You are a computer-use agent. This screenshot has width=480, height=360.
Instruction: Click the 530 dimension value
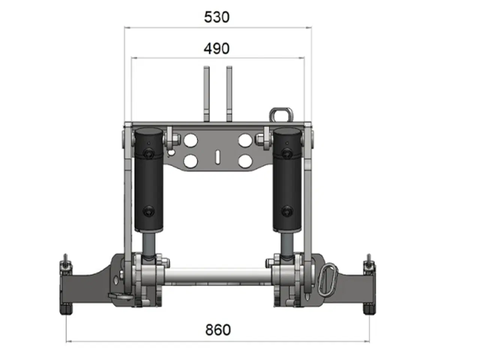pos(216,17)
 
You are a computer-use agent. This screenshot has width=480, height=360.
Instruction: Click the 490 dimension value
pos(216,49)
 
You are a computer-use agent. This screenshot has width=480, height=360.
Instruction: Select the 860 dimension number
pos(218,330)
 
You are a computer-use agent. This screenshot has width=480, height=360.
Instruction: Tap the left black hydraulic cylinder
pos(149,180)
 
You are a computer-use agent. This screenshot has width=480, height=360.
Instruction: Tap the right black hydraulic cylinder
pos(287,180)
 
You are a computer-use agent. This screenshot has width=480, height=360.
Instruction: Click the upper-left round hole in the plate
pos(190,141)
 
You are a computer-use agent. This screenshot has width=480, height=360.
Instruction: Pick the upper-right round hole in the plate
pos(245,141)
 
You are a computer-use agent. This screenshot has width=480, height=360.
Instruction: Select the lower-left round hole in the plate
pos(190,161)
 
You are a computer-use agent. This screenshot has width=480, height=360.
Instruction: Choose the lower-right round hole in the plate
pos(245,161)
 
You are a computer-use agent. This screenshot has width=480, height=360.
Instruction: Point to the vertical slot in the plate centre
pos(217,157)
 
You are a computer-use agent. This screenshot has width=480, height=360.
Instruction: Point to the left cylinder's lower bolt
pos(149,212)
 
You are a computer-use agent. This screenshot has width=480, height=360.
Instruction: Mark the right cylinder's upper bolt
pos(287,152)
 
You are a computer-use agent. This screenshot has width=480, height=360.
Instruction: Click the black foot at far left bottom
pos(66,309)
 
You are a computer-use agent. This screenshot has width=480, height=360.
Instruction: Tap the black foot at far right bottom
pos(369,309)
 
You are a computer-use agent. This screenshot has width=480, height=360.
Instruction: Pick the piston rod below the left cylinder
pos(149,243)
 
